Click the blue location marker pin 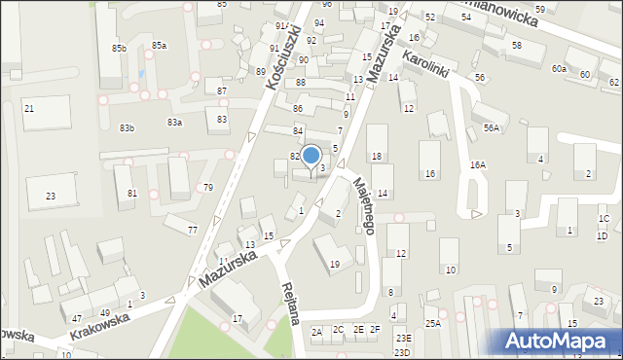click(x=311, y=157)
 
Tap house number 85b click(x=119, y=48)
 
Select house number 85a click(x=159, y=45)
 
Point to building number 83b click(x=128, y=128)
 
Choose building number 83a click(x=174, y=122)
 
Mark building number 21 click(x=29, y=108)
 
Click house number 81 click(x=132, y=194)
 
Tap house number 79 click(x=207, y=187)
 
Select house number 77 click(x=193, y=230)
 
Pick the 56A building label click(x=492, y=127)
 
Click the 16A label click(x=477, y=165)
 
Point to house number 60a click(x=558, y=69)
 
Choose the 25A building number click(x=432, y=322)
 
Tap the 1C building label click(x=604, y=219)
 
